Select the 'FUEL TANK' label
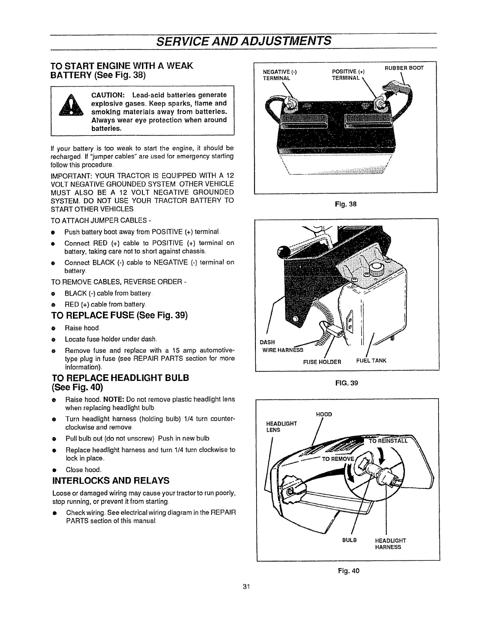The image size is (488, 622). [371, 360]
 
